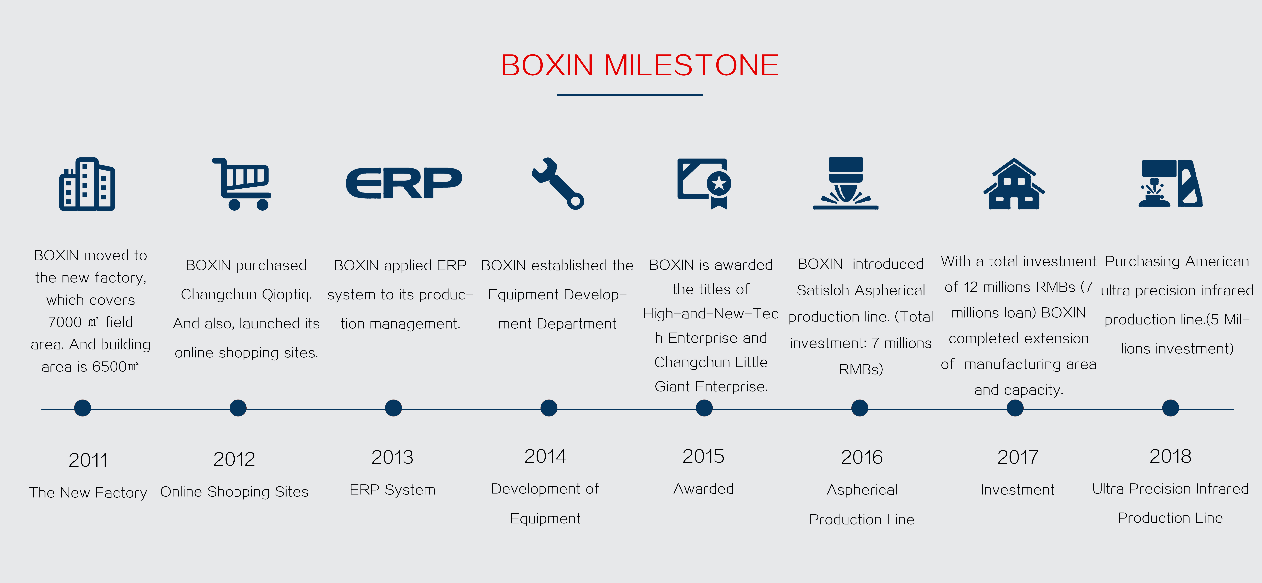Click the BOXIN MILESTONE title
tap(639, 65)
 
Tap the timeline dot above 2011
tap(82, 408)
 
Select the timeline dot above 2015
tap(704, 408)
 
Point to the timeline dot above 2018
tap(1170, 408)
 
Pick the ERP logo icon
tap(404, 183)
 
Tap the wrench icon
tap(558, 183)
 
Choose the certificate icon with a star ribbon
tap(705, 183)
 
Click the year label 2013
tap(392, 457)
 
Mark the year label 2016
tap(862, 457)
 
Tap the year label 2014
tap(545, 456)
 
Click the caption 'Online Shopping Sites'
tap(234, 492)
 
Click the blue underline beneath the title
tap(630, 95)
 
